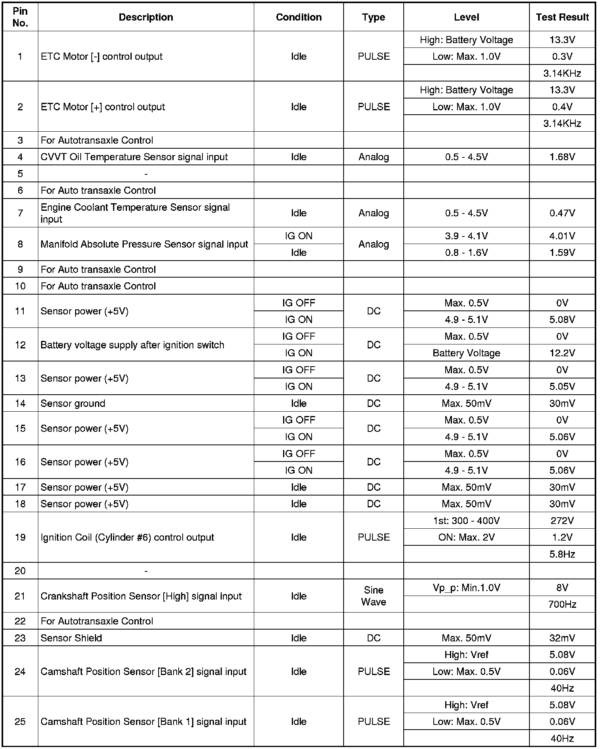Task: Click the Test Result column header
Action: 562,17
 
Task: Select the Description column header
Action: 146,17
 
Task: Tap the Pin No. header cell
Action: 20,17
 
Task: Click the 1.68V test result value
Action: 562,157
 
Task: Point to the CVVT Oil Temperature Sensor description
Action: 134,157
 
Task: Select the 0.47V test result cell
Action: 562,213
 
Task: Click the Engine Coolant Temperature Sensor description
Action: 135,213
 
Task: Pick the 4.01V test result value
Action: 562,236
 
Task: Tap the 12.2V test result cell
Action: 562,353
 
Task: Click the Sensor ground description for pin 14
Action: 73,403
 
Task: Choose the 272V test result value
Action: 562,521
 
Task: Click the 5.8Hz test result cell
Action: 562,554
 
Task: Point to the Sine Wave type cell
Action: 373,596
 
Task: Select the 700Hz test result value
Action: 562,604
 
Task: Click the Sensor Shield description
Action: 71,638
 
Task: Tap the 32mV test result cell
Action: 562,638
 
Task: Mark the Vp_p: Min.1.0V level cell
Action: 466,588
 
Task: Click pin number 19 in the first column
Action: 20,537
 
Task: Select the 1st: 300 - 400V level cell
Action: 466,521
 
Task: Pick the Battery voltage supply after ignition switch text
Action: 132,345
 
